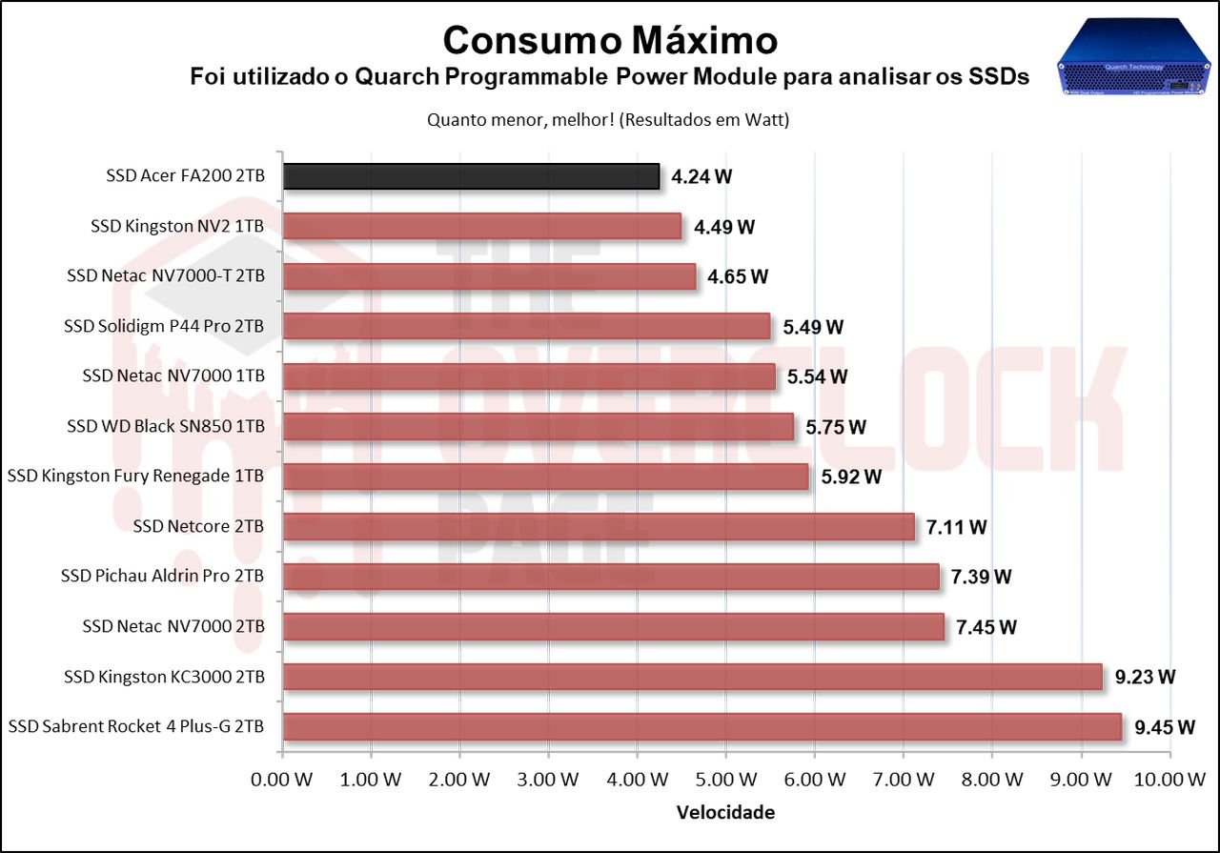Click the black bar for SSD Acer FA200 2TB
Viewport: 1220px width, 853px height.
pos(472,176)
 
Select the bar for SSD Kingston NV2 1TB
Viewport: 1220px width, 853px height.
pos(482,227)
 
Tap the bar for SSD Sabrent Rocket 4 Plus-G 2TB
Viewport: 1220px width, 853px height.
pos(702,727)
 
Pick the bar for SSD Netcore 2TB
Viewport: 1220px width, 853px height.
pos(599,527)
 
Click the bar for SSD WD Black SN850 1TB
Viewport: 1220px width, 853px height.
pos(539,427)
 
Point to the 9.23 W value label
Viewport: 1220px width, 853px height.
pos(1145,678)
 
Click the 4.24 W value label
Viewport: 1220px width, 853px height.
pos(701,176)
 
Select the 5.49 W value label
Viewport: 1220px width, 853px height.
pos(813,327)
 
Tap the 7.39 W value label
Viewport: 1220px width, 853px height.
pos(981,578)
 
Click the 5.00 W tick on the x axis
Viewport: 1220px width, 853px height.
pos(726,780)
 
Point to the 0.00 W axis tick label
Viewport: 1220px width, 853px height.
pos(283,780)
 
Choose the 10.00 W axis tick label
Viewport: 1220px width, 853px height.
pos(1169,780)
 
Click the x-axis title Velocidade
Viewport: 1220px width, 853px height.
pos(725,813)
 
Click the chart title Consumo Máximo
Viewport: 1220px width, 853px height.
pos(610,40)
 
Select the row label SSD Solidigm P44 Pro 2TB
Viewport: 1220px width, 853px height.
pos(164,327)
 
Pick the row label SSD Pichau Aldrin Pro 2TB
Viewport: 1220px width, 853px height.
pos(162,577)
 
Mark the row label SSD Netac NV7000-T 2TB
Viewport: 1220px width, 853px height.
pos(166,276)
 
